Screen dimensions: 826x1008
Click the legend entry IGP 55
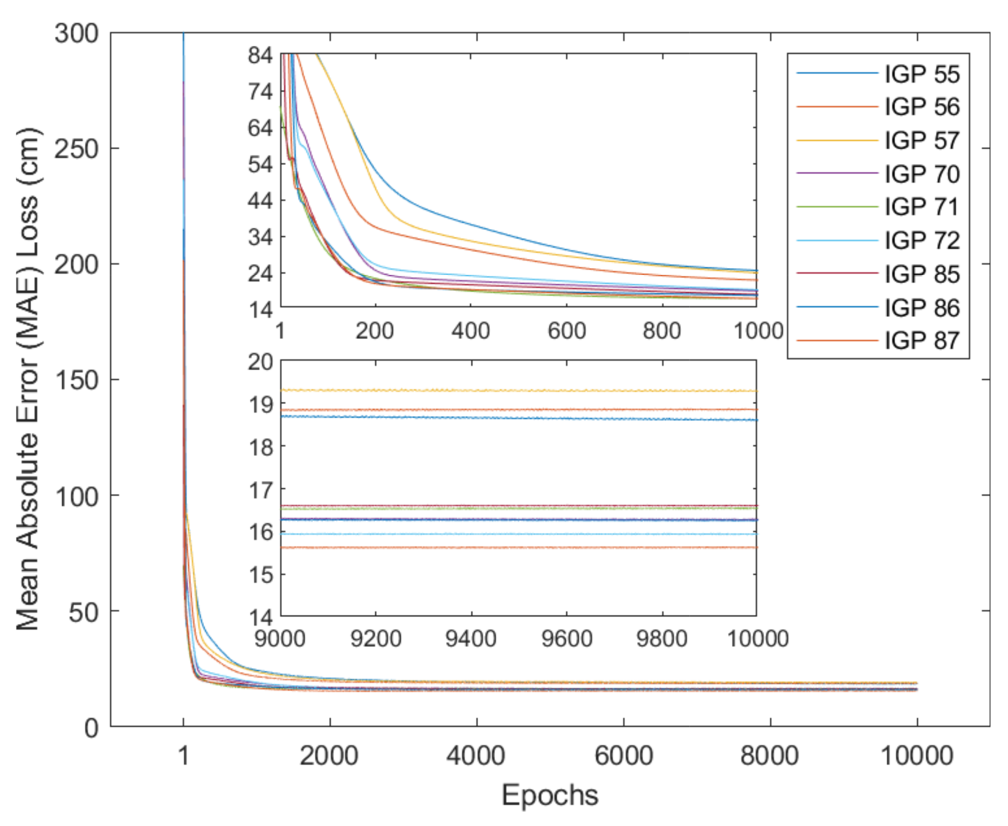(x=921, y=74)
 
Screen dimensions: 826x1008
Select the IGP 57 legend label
(x=921, y=140)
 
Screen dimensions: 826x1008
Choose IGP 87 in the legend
(x=921, y=341)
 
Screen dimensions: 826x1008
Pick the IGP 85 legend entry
(x=921, y=274)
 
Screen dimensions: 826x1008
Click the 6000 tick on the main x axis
(x=623, y=755)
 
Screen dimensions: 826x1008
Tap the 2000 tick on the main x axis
(x=329, y=755)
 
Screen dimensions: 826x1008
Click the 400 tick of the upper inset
(x=470, y=330)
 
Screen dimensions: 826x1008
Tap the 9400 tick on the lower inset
(x=470, y=638)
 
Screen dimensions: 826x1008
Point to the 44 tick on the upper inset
(x=260, y=201)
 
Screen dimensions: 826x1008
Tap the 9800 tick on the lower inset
(x=661, y=638)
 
